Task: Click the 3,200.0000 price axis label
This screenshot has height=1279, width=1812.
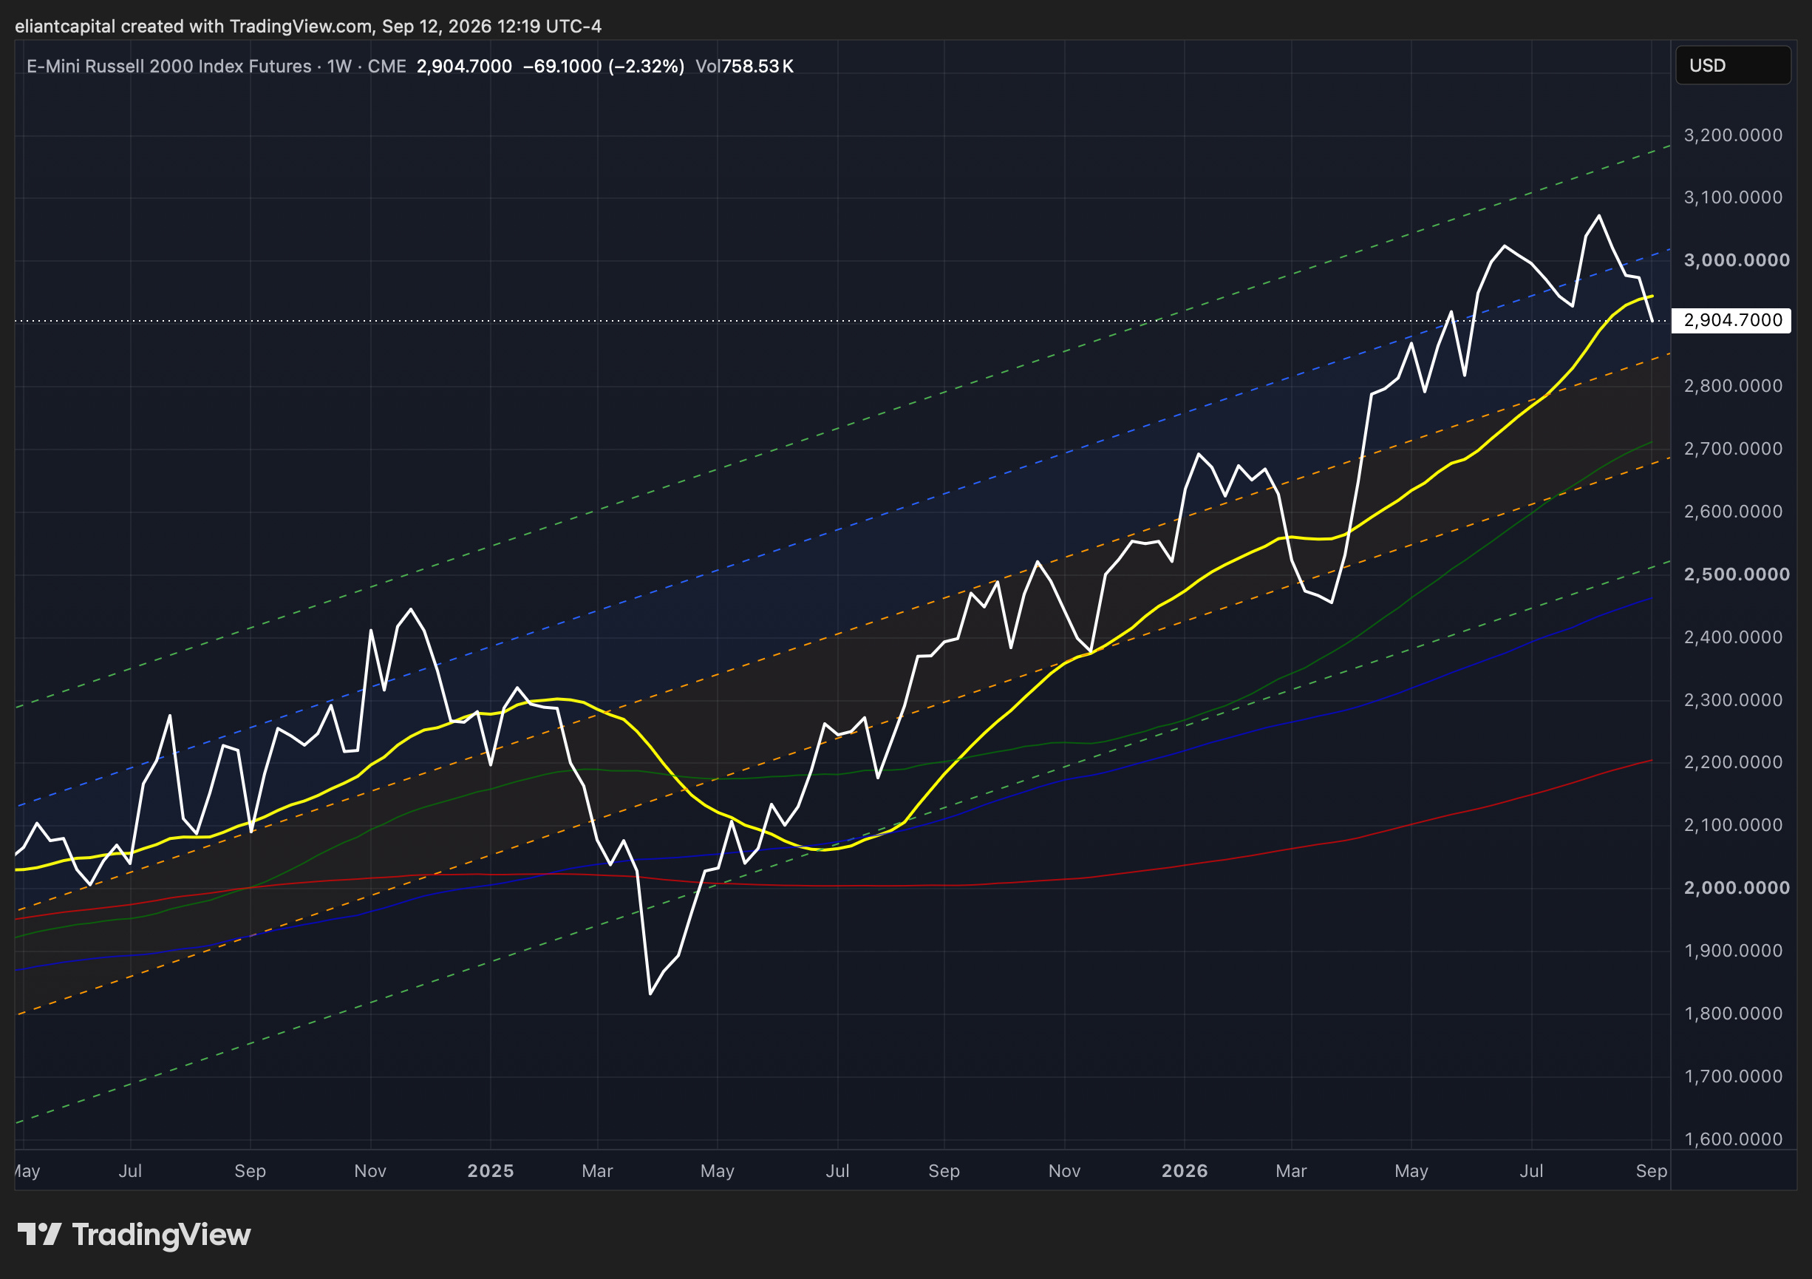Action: (x=1733, y=135)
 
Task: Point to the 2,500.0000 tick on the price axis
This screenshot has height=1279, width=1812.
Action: (x=1736, y=574)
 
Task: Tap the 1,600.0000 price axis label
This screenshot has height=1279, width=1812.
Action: (x=1733, y=1139)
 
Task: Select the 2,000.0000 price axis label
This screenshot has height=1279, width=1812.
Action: (x=1736, y=887)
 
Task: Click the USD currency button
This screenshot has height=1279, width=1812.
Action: (x=1733, y=65)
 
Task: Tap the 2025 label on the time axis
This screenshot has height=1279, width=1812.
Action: (x=490, y=1170)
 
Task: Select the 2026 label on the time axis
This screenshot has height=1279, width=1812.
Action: (x=1185, y=1170)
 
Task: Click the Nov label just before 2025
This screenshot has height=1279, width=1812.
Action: (x=370, y=1170)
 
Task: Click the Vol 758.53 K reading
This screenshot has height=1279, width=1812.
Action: (x=744, y=67)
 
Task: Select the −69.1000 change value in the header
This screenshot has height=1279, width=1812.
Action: (x=562, y=67)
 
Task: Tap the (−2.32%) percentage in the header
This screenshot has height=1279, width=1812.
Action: (x=647, y=67)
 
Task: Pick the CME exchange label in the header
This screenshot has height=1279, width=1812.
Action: (x=386, y=67)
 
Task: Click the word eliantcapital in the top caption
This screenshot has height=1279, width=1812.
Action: (x=66, y=26)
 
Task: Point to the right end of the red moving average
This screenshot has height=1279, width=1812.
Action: (x=1652, y=760)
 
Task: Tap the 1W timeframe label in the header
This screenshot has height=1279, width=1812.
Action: (x=339, y=67)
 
